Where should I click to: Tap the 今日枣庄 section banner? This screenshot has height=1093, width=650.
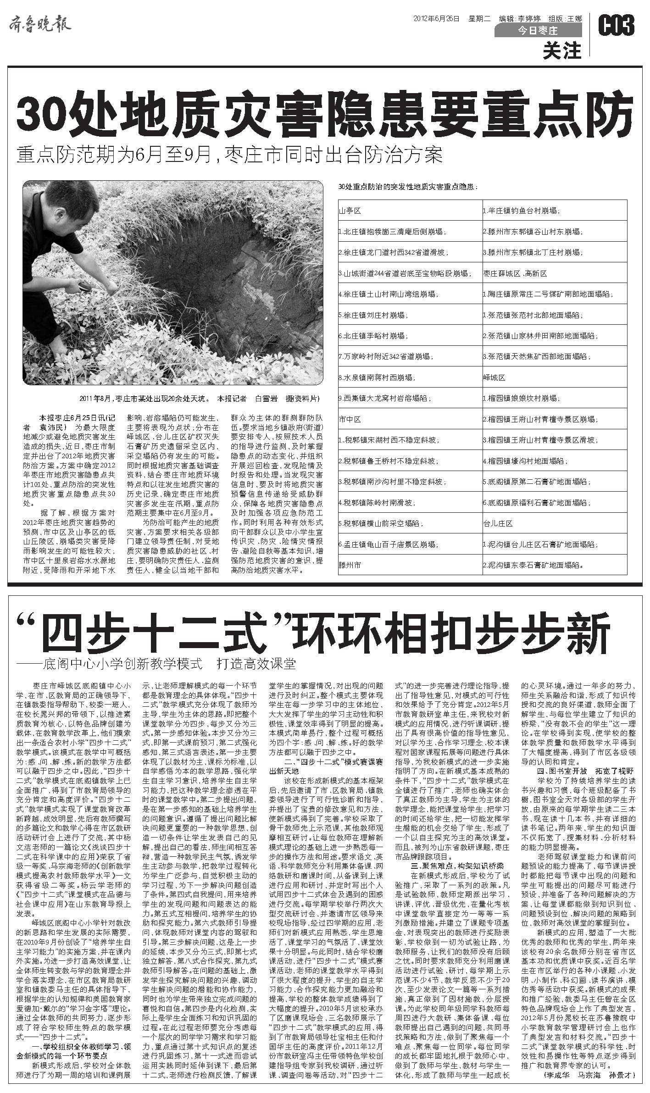tap(538, 31)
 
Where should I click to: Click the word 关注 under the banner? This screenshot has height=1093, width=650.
tap(562, 51)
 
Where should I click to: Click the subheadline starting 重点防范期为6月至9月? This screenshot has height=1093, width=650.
tap(229, 155)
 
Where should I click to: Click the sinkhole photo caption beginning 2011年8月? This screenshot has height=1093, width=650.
tap(199, 398)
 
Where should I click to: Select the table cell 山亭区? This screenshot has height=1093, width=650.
tap(350, 211)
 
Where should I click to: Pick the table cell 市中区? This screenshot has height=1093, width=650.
tap(350, 419)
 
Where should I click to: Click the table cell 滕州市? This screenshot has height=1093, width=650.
tap(350, 566)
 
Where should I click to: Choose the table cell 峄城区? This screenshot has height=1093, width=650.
tap(494, 377)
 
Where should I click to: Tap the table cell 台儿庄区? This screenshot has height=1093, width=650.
tap(498, 524)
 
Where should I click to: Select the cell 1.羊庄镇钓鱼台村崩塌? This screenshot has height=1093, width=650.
tap(521, 211)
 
